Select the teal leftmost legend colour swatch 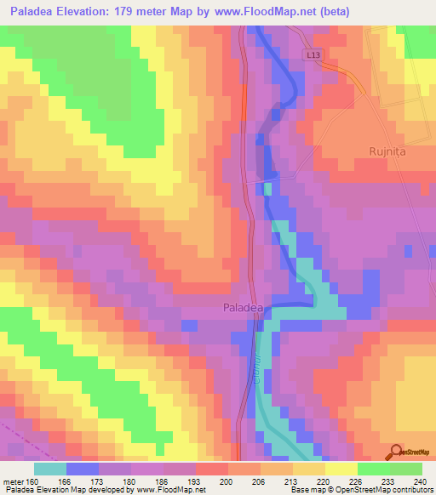pos(50,469)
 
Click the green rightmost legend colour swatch pos(405,469)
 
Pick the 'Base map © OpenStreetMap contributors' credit pos(361,490)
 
